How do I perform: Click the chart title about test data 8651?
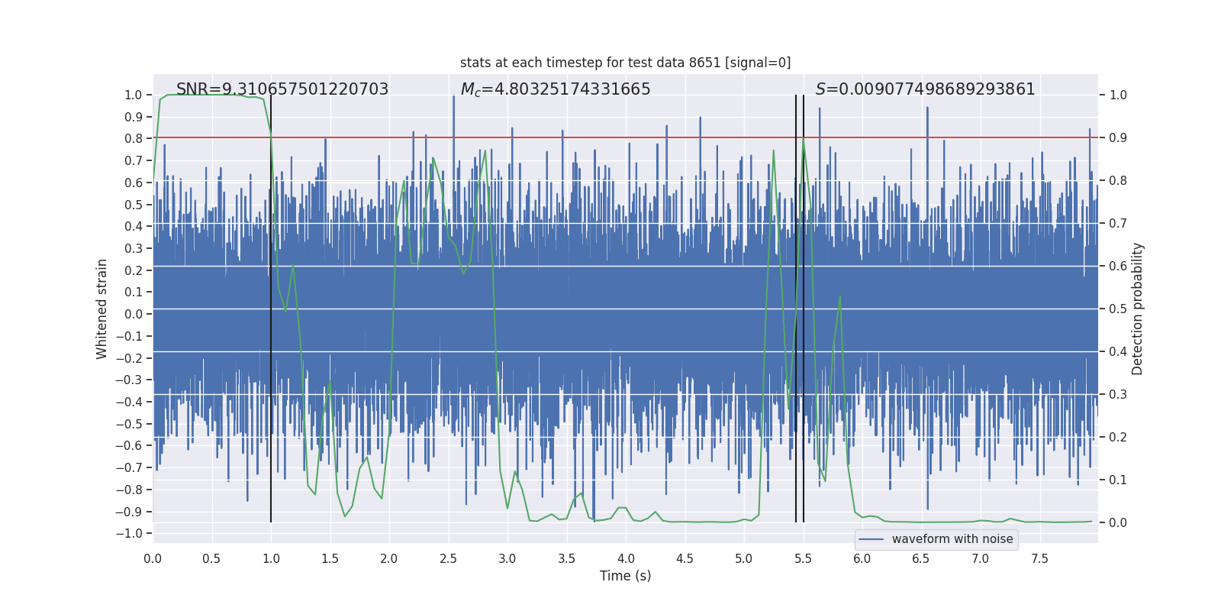(x=625, y=63)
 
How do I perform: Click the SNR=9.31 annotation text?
(x=282, y=89)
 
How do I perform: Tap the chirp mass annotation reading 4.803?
(x=556, y=89)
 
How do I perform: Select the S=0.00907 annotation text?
(x=925, y=89)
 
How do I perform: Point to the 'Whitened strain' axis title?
(x=102, y=309)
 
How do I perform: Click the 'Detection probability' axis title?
(x=1138, y=309)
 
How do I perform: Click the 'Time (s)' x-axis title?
(x=625, y=576)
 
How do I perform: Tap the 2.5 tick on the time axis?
(x=448, y=559)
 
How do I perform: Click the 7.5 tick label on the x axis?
(x=1039, y=559)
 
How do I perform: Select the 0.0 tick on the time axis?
(x=153, y=559)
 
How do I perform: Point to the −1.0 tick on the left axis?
(x=133, y=533)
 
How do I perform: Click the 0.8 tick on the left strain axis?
(x=134, y=139)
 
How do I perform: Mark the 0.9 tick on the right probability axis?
(x=1118, y=138)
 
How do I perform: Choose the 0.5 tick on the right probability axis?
(x=1118, y=309)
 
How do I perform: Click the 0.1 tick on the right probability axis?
(x=1118, y=480)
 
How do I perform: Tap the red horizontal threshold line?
(x=687, y=137)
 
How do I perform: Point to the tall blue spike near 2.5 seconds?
(x=453, y=107)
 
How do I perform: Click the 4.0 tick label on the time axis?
(x=626, y=559)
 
